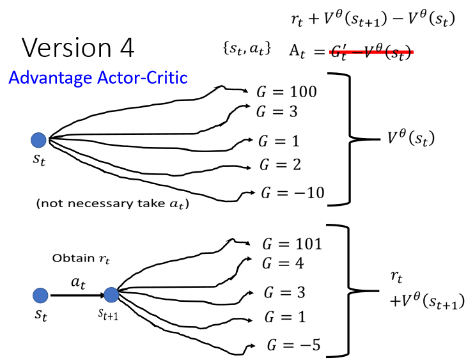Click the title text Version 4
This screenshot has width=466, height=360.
coord(78,48)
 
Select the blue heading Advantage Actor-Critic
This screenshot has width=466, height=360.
coord(98,78)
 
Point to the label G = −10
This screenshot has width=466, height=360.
coord(293,192)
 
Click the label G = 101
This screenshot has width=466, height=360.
coord(292,244)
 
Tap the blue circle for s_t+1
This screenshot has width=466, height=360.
coord(111,295)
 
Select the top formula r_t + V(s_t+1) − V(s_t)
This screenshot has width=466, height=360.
coord(372,19)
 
